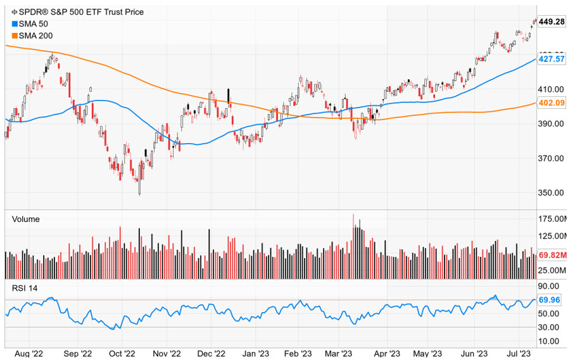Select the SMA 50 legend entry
click(x=39, y=23)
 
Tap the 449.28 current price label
click(x=551, y=22)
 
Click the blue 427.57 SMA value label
click(x=551, y=59)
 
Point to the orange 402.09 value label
click(x=551, y=102)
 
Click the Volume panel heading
click(x=26, y=219)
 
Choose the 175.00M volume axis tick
click(x=552, y=219)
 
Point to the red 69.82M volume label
click(x=552, y=254)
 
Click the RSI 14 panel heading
click(x=25, y=289)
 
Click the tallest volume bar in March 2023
click(x=353, y=247)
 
